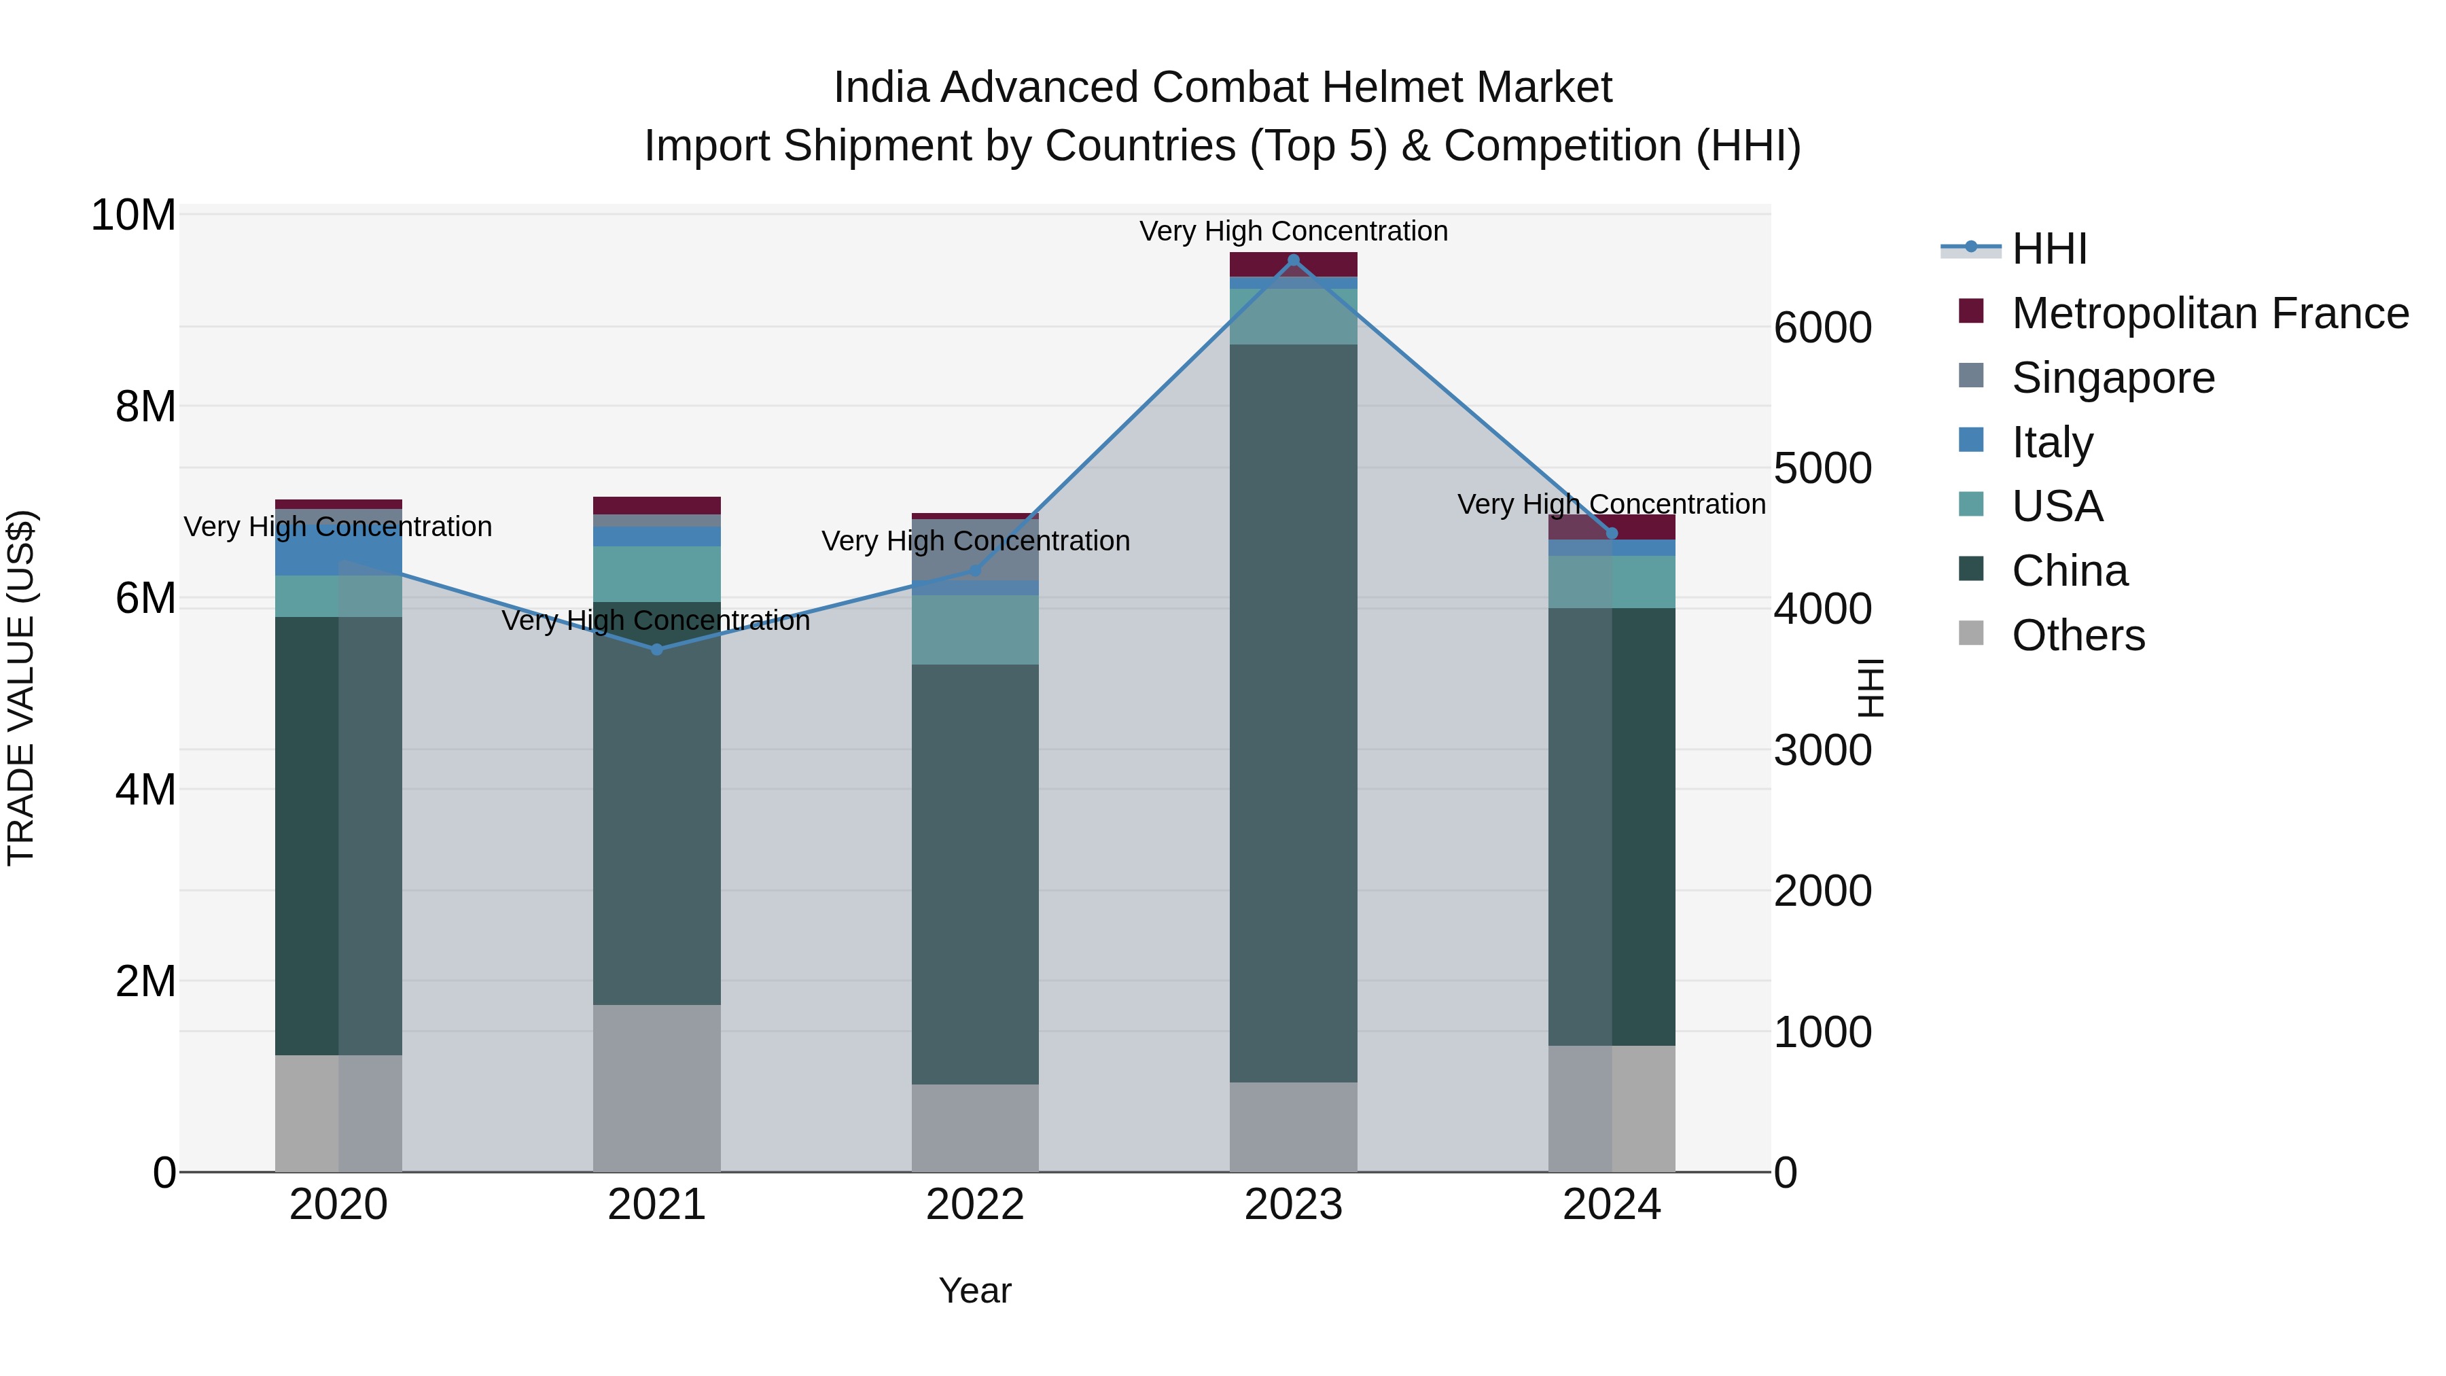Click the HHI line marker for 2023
(1293, 260)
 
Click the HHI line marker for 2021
(657, 650)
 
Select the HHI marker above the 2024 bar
(1612, 533)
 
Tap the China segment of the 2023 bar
(1293, 712)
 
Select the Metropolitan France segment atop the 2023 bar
(1293, 264)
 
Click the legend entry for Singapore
(2112, 378)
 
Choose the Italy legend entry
(2052, 442)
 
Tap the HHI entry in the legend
(2049, 249)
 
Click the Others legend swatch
(1971, 633)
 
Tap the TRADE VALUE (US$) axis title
(21, 688)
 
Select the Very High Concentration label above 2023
(1293, 231)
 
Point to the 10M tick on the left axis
(133, 215)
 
